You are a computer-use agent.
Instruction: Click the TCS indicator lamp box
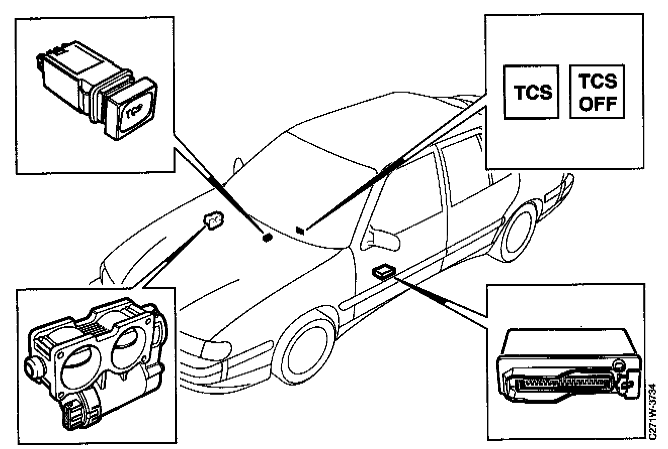532,92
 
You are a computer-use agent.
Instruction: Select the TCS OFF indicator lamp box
597,92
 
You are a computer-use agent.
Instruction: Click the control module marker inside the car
383,272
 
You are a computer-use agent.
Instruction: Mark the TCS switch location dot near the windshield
268,237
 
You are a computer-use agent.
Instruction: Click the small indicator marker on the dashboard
300,231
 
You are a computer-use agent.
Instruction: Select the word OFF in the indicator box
597,104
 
